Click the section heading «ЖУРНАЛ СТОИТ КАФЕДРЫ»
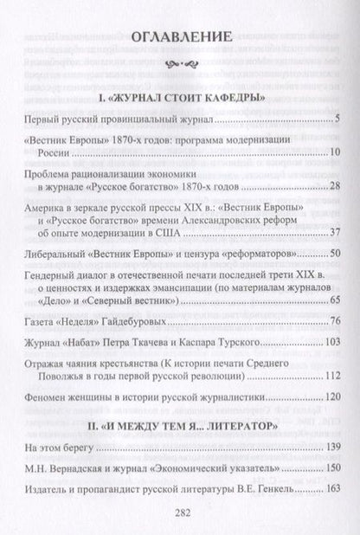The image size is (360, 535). click(181, 96)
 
